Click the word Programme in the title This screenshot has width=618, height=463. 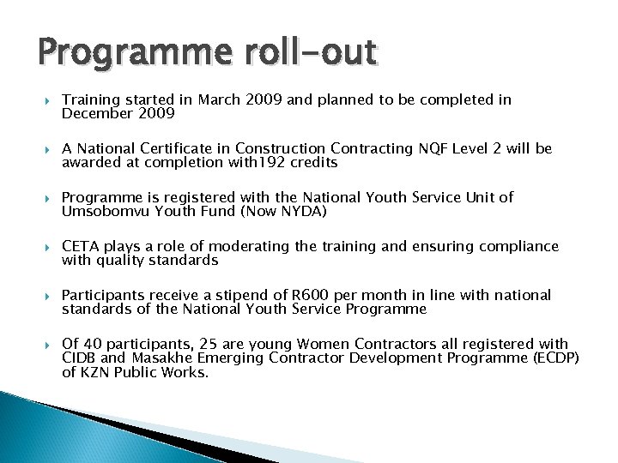[111, 53]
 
